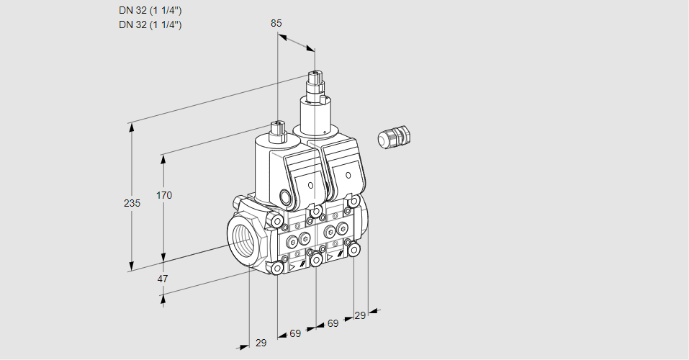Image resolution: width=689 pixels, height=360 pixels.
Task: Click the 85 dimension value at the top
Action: click(276, 23)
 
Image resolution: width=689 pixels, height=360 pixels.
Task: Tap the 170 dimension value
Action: click(165, 195)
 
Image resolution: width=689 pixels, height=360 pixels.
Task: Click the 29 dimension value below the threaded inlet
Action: click(261, 343)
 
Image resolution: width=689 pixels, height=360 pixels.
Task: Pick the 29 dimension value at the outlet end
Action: click(360, 315)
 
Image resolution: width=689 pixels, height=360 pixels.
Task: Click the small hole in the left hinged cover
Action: click(310, 186)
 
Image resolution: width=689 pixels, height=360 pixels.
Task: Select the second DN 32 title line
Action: click(150, 24)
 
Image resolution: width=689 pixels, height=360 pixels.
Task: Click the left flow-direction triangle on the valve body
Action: click(292, 266)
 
